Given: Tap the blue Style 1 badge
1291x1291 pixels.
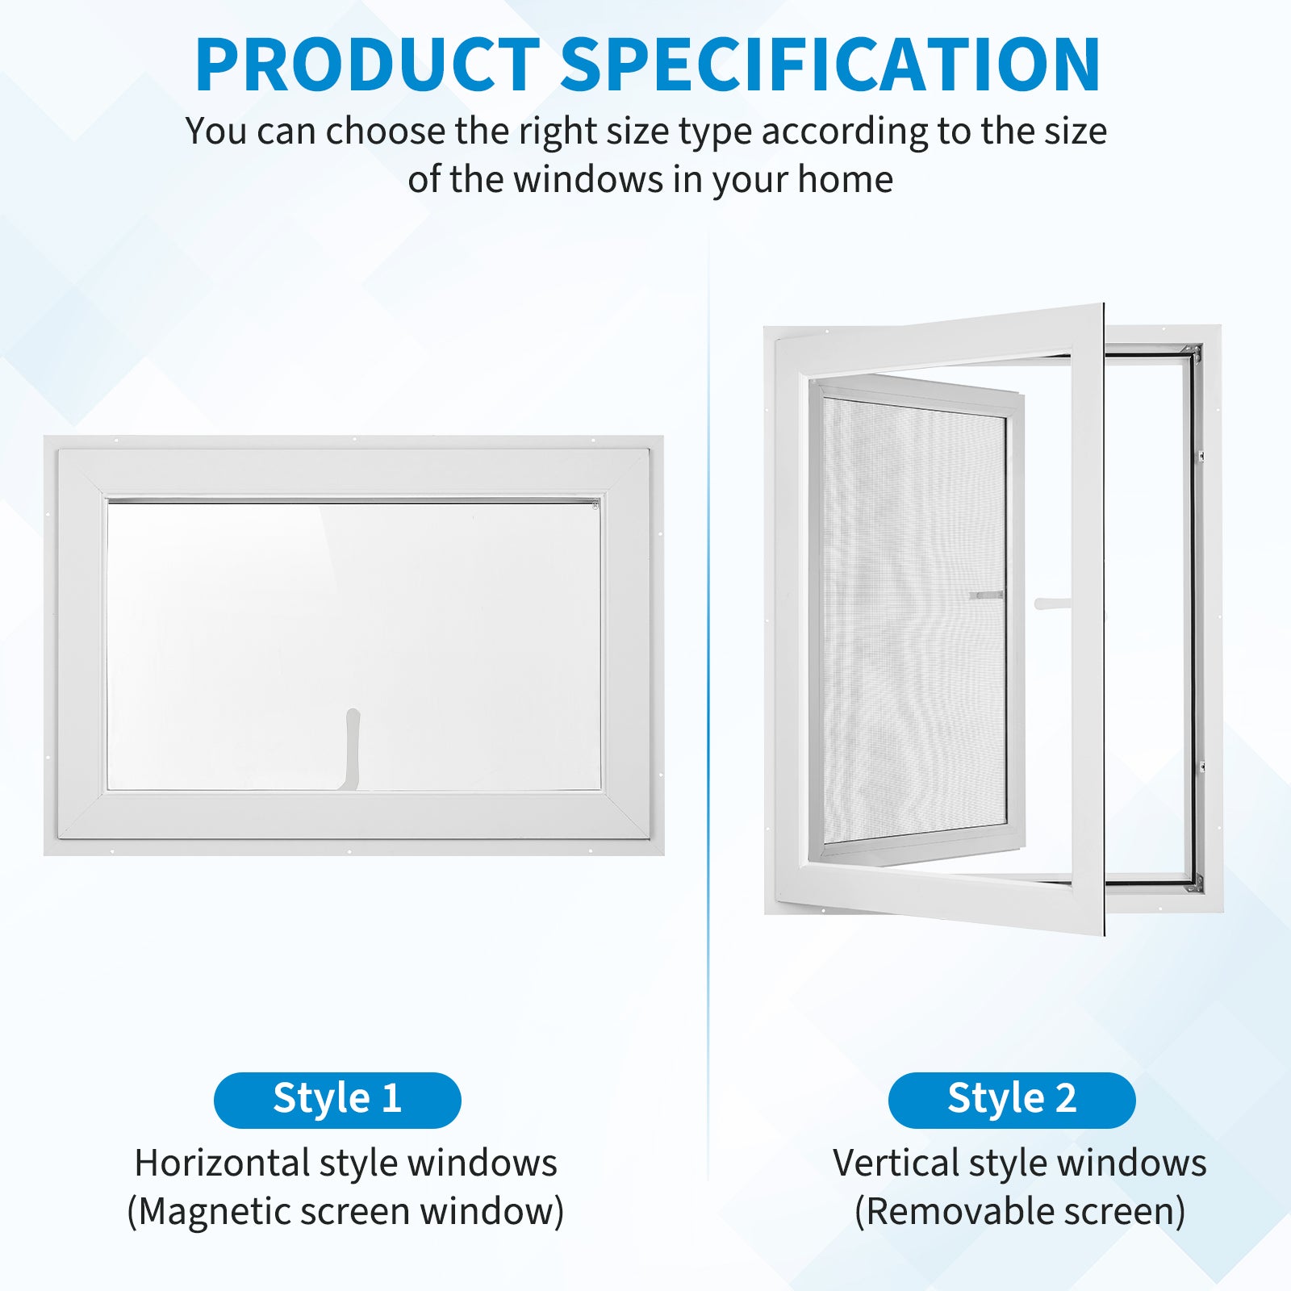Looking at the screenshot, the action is pyautogui.click(x=337, y=1100).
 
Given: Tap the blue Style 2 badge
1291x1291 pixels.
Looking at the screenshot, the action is pyautogui.click(x=1012, y=1100).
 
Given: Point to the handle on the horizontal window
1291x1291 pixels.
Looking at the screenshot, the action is pyautogui.click(x=353, y=749).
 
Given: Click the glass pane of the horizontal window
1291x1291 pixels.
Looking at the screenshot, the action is pyautogui.click(x=354, y=645).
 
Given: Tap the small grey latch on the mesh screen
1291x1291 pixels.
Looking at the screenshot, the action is pyautogui.click(x=986, y=595).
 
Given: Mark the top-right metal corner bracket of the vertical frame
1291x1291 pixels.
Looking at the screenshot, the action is pyautogui.click(x=1193, y=353).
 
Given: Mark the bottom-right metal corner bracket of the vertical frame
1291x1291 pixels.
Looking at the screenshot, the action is pyautogui.click(x=1193, y=883).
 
